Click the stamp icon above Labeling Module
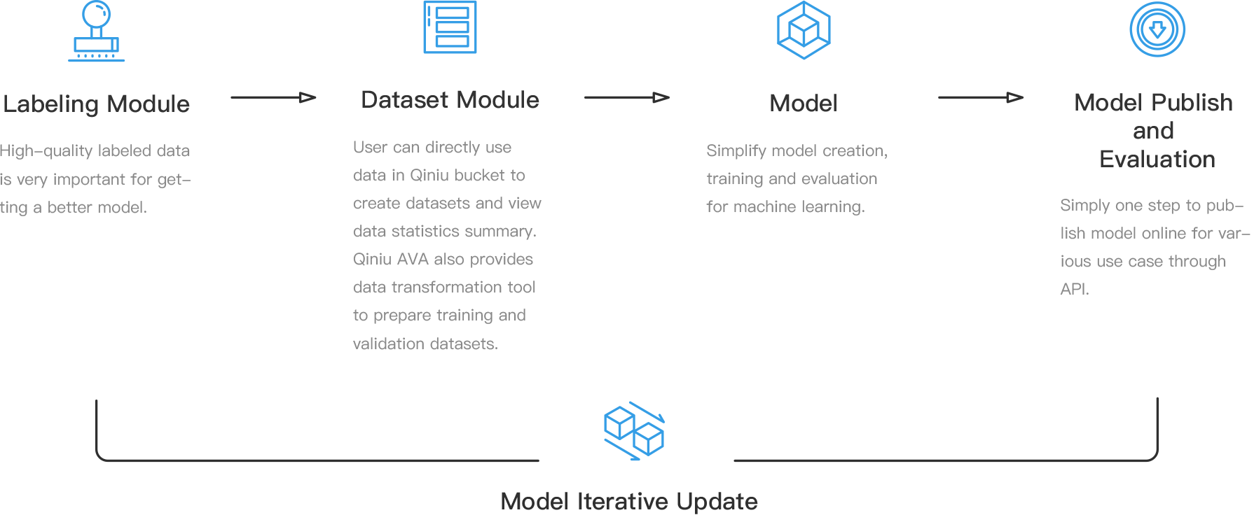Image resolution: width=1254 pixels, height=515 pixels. coord(97,31)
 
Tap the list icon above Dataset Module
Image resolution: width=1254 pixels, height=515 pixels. coord(450,27)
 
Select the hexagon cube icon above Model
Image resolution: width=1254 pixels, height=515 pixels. coord(804,30)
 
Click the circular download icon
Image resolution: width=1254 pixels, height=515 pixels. coord(1157,29)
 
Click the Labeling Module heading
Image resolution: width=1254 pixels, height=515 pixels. coord(96,104)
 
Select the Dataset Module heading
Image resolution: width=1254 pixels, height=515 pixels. coord(450,100)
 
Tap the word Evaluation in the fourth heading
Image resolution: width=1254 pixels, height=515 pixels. coord(1157,160)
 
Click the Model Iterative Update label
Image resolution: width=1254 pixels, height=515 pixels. coord(629,501)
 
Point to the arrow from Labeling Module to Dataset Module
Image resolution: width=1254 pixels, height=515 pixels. coord(273,97)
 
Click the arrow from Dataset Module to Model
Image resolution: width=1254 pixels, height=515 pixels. coord(627,97)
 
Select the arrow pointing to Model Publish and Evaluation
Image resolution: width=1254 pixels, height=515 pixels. coord(981,97)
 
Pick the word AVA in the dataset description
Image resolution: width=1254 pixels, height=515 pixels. coord(413,260)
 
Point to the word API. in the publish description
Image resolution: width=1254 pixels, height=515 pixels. coord(1074,289)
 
